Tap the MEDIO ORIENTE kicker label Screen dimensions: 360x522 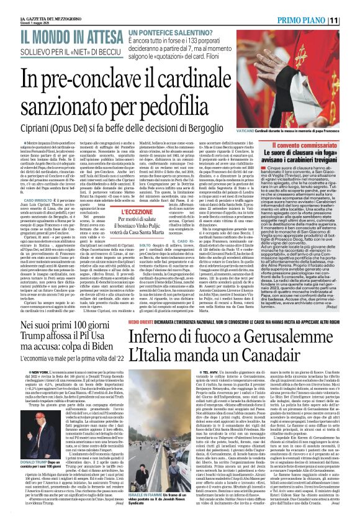coord(143,322)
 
